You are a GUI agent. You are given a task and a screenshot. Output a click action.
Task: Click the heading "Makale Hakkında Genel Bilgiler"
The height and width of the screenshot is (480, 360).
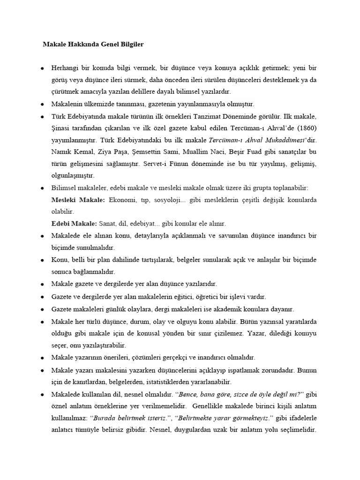[x=93, y=45]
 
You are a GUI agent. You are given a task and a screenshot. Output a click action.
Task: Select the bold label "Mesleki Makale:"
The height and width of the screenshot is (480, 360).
[x=78, y=200]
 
